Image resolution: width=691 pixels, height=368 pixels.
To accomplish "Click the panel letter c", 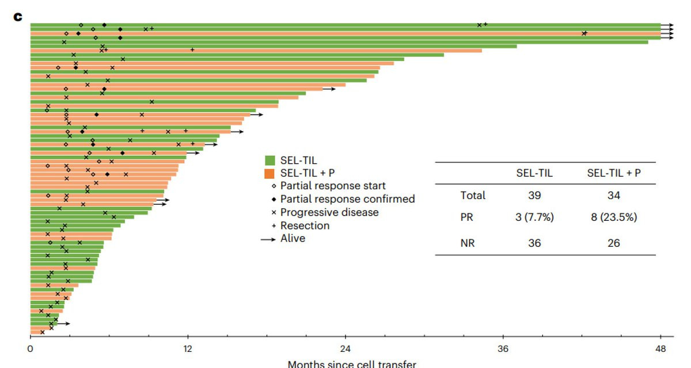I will (18, 17).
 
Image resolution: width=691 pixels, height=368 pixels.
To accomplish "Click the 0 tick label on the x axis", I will (30, 348).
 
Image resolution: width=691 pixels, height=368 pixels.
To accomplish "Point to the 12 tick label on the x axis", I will (187, 348).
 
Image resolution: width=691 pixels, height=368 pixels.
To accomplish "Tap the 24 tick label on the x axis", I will (345, 348).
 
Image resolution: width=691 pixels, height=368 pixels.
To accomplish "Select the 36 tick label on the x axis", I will (503, 348).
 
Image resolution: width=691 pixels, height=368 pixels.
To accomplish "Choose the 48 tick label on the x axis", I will (660, 348).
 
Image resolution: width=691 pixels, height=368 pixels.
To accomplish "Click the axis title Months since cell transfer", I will (351, 364).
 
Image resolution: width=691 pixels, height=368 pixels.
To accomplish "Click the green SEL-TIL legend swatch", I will (269, 160).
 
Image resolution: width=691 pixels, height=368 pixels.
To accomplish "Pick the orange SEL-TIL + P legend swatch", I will (269, 173).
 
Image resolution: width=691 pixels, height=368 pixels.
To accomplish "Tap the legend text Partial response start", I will (333, 186).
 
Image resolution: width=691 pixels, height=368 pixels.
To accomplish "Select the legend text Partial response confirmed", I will (347, 199).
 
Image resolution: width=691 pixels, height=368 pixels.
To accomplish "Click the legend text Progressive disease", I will (329, 212).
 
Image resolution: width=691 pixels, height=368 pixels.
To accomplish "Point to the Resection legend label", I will (305, 225).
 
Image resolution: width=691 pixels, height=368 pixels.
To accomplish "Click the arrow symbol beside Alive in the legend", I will (268, 239).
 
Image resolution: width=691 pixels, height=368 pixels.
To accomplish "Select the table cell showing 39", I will (534, 195).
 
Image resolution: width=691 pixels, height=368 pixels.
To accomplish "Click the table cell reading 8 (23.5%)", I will (613, 218).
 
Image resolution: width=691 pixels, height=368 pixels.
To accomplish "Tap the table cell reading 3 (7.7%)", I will (534, 218).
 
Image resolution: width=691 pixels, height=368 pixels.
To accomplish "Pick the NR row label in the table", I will (468, 243).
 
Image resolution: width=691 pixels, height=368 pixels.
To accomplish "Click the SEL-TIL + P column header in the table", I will (613, 173).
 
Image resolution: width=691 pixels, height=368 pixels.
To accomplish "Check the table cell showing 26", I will (613, 243).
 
